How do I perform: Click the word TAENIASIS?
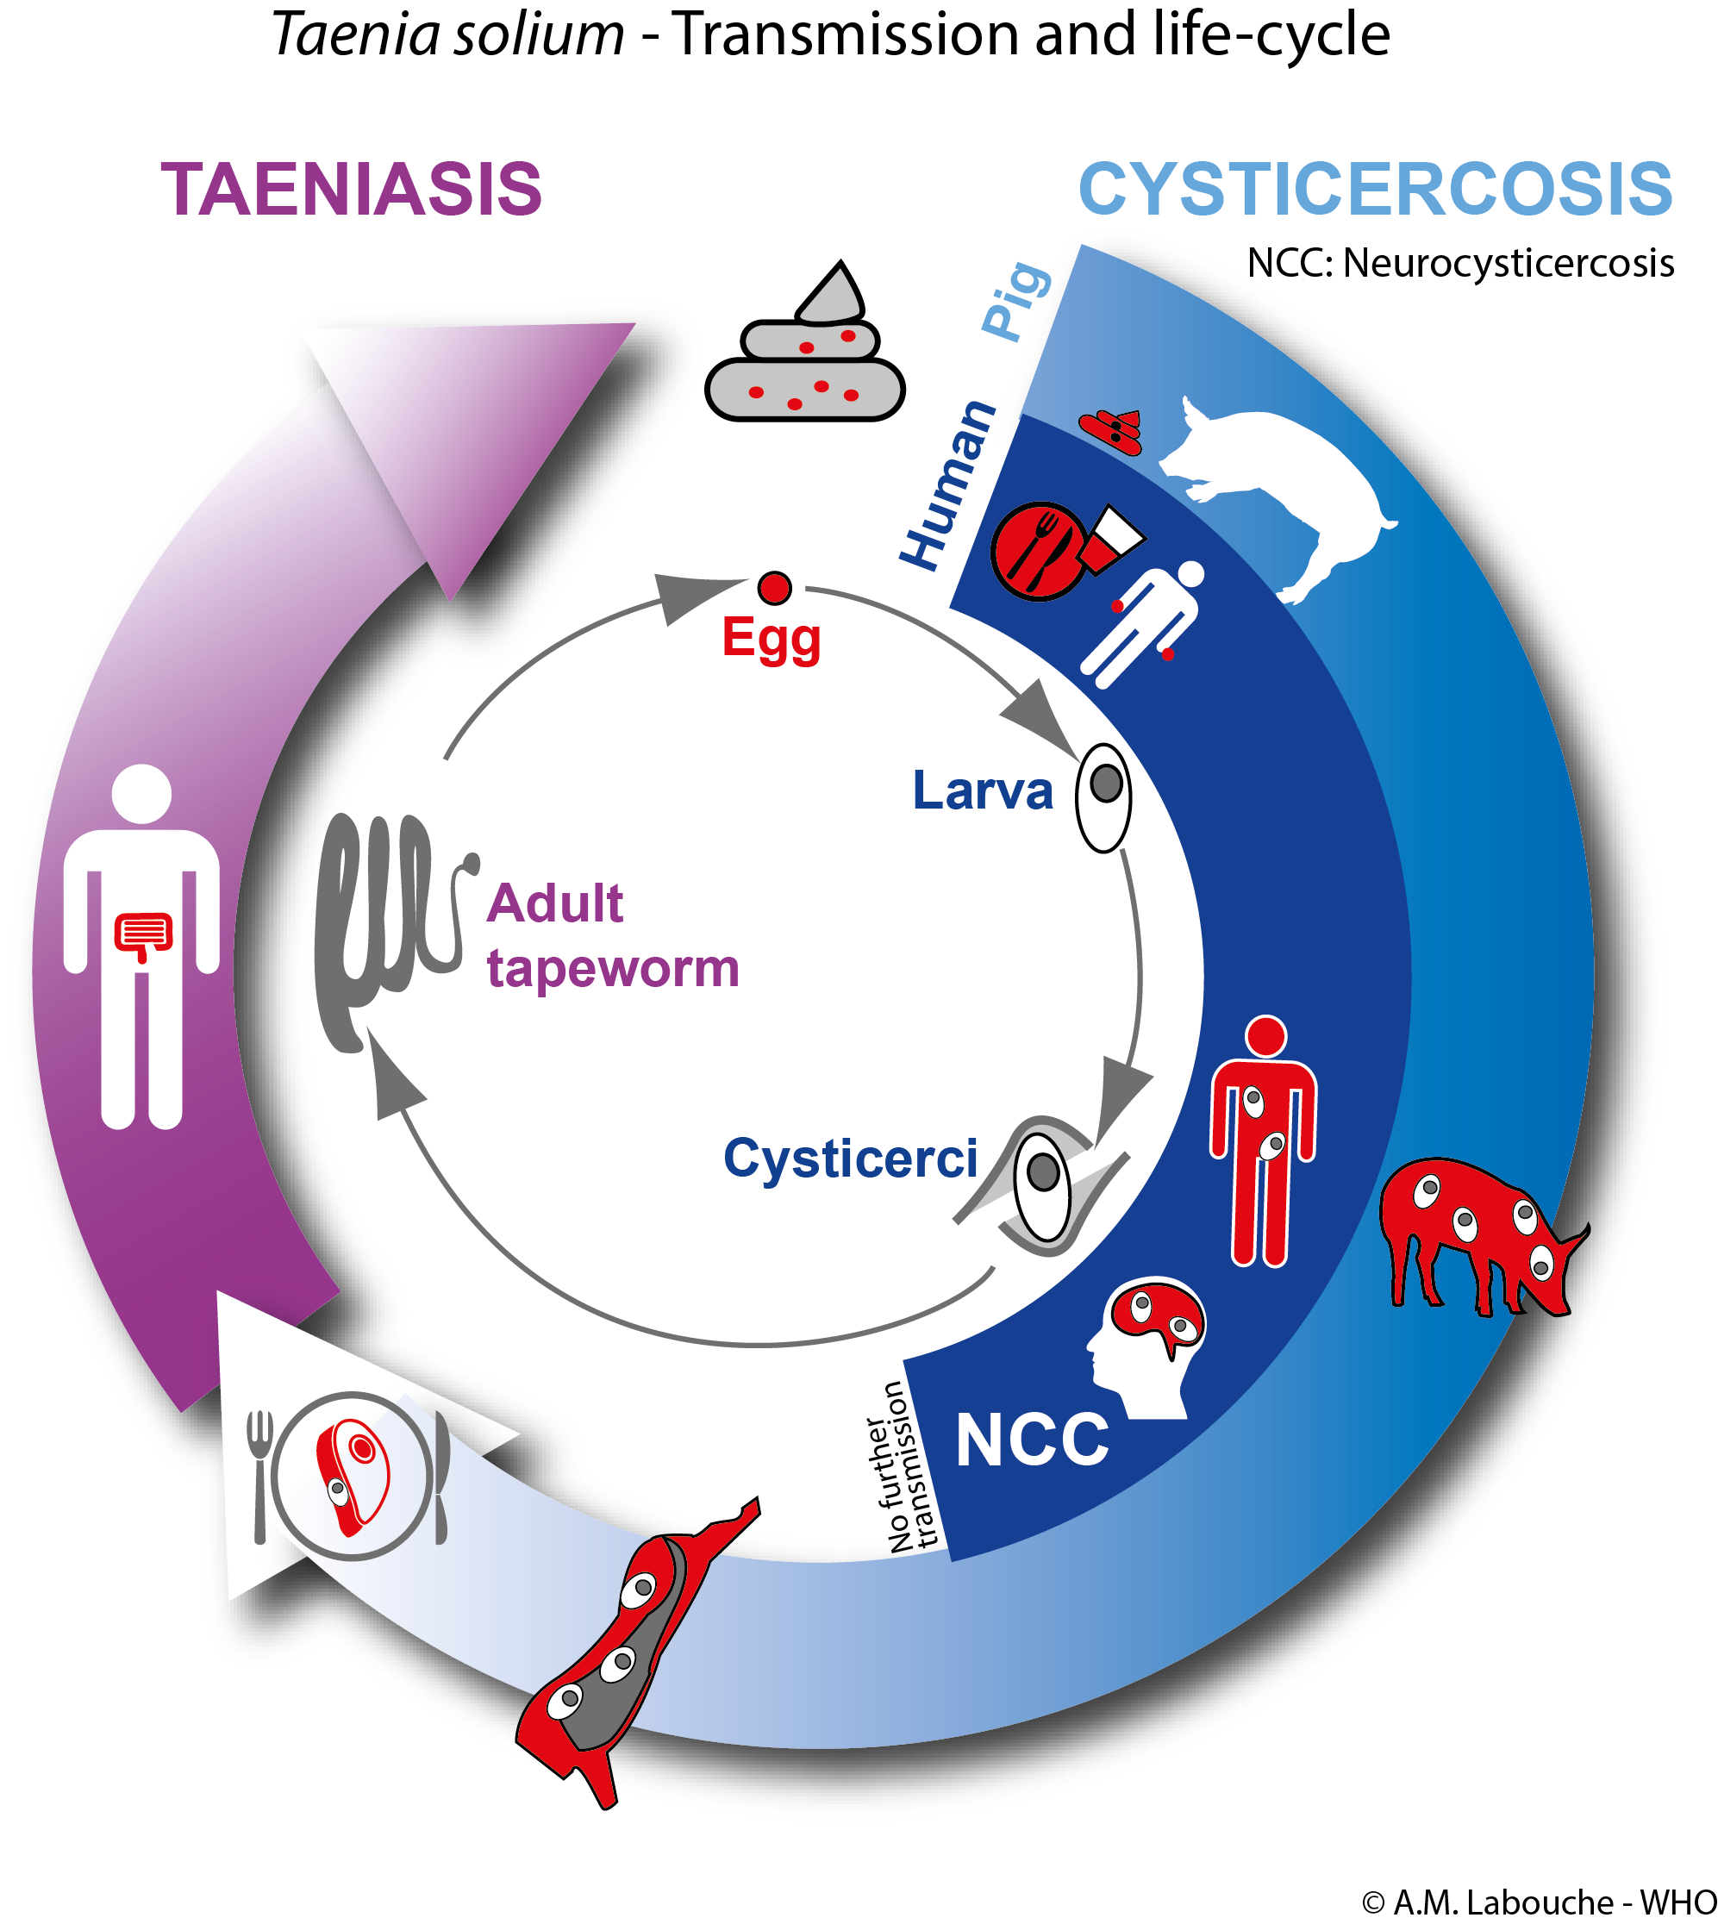pyautogui.click(x=351, y=189)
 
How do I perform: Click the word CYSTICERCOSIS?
pyautogui.click(x=1375, y=189)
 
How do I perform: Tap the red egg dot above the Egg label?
pyautogui.click(x=774, y=588)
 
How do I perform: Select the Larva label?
pyautogui.click(x=982, y=790)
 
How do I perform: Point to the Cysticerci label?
pyautogui.click(x=851, y=1159)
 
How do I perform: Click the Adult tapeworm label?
pyautogui.click(x=613, y=935)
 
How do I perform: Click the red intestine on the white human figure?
pyautogui.click(x=143, y=935)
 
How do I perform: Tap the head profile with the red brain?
pyautogui.click(x=1145, y=1348)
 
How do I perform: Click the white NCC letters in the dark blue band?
pyautogui.click(x=1032, y=1440)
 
